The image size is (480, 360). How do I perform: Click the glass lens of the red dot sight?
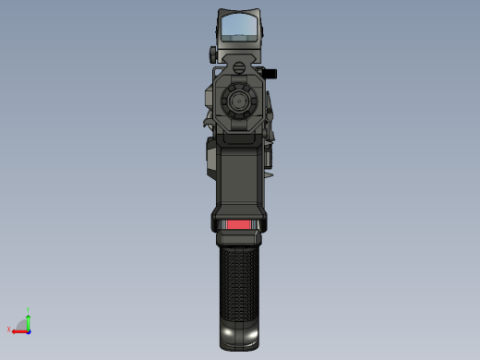(239, 28)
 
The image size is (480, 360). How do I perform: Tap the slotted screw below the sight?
(239, 64)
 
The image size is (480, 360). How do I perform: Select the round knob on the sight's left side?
(212, 52)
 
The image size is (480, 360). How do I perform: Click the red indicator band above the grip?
(239, 224)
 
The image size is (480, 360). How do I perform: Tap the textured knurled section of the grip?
(239, 282)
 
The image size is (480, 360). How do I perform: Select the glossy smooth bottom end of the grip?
(239, 334)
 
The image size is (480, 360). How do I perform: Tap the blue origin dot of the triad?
(29, 330)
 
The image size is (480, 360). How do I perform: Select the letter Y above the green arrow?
(29, 311)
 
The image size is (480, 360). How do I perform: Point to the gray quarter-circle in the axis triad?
(22, 325)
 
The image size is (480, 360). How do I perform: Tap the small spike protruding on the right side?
(270, 170)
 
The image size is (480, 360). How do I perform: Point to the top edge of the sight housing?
(239, 11)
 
